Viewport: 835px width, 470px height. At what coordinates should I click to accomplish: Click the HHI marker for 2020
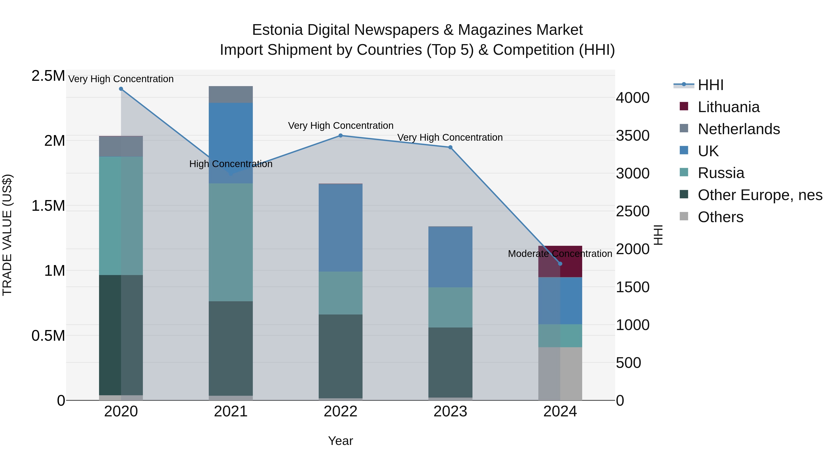pos(121,89)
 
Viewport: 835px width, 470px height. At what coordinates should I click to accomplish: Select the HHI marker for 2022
pos(340,136)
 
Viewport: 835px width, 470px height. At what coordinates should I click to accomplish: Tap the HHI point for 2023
pos(450,147)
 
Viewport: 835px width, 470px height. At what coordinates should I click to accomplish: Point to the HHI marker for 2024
pos(560,264)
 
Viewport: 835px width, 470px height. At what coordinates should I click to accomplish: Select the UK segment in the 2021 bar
pos(231,136)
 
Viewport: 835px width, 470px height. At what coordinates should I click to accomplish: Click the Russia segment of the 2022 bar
pos(340,293)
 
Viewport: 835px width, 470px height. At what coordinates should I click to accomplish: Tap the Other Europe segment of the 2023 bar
pos(450,362)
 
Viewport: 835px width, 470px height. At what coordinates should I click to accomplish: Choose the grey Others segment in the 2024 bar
pos(560,374)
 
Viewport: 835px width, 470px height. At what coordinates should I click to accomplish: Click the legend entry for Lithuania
pos(728,107)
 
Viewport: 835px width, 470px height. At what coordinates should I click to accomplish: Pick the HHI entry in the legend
pos(710,85)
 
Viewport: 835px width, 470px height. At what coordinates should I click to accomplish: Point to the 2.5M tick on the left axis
pos(48,76)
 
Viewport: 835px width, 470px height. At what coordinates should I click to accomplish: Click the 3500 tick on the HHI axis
pos(633,136)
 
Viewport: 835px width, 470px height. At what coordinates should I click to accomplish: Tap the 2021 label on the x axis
pos(231,412)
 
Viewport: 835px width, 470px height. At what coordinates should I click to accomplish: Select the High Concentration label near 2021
pos(231,164)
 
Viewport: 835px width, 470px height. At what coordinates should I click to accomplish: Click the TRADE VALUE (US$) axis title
pos(7,235)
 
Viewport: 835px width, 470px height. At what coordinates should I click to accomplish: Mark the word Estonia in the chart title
pos(277,30)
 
